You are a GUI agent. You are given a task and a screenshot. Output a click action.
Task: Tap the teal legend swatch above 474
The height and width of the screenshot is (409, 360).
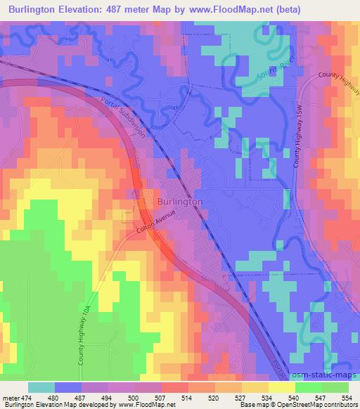point(41,387)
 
